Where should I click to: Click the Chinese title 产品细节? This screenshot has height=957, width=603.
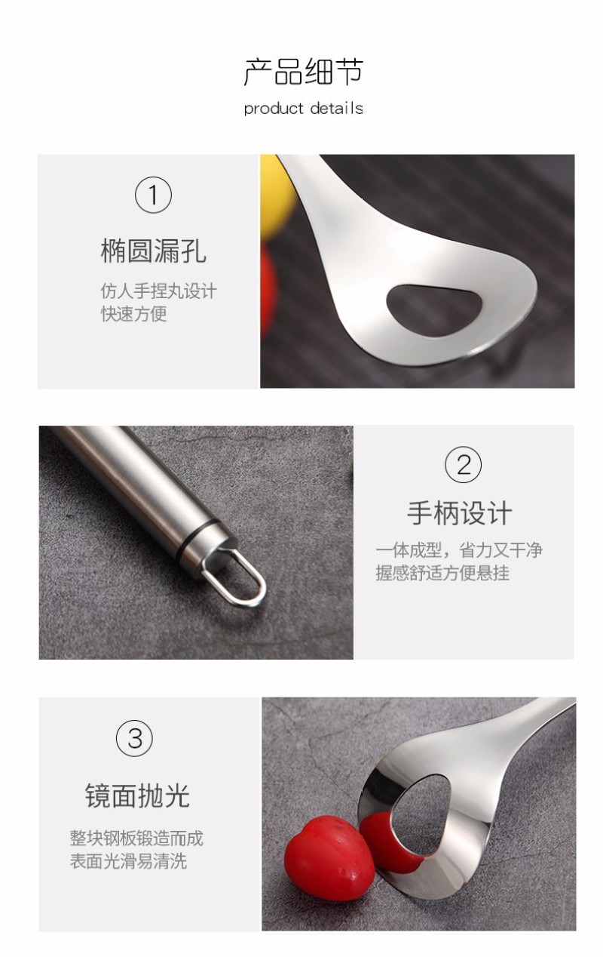pos(304,72)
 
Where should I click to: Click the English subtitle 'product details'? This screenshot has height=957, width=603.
pos(304,109)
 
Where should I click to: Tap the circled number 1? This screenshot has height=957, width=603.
pos(153,195)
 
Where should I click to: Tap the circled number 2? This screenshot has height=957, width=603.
pos(463,465)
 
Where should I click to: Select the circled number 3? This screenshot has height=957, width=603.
pos(134,738)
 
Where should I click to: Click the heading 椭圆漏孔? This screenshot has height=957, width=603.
pos(153,251)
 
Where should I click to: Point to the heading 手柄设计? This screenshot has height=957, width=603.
pos(460,513)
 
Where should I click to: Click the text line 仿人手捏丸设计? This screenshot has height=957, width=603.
pos(159,291)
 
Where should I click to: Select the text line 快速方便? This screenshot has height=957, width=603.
pos(134,314)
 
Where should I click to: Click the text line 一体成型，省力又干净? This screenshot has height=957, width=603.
pos(459,550)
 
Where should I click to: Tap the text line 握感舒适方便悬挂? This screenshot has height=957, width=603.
pos(442,573)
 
